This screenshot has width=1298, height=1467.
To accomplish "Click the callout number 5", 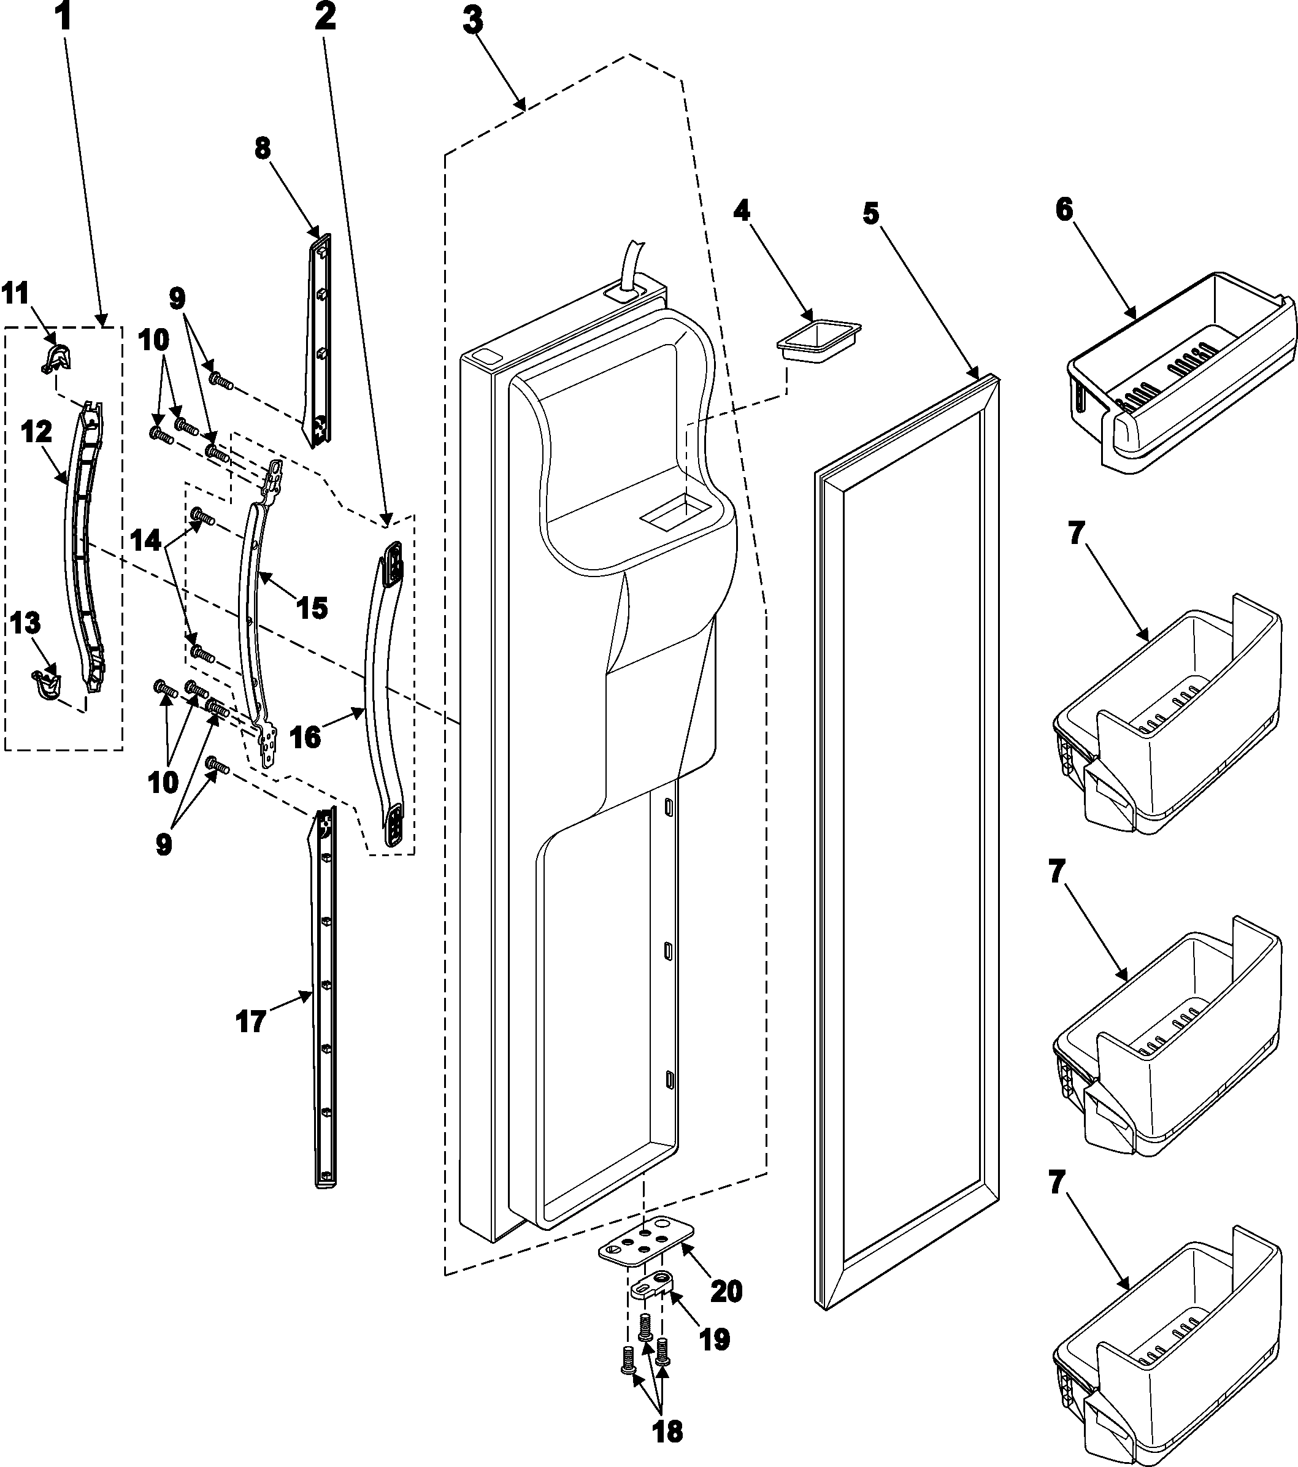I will [x=871, y=213].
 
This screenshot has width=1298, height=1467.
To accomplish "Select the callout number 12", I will [x=37, y=433].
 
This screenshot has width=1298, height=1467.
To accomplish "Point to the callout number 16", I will [x=306, y=737].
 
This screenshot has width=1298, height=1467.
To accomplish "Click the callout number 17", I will [x=252, y=1021].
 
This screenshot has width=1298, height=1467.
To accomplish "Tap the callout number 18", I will [x=667, y=1432].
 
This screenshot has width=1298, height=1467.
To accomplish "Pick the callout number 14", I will [x=147, y=541].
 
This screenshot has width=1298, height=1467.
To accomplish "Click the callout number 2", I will [x=324, y=18].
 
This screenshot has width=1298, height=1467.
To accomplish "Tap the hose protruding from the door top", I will [x=632, y=262].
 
